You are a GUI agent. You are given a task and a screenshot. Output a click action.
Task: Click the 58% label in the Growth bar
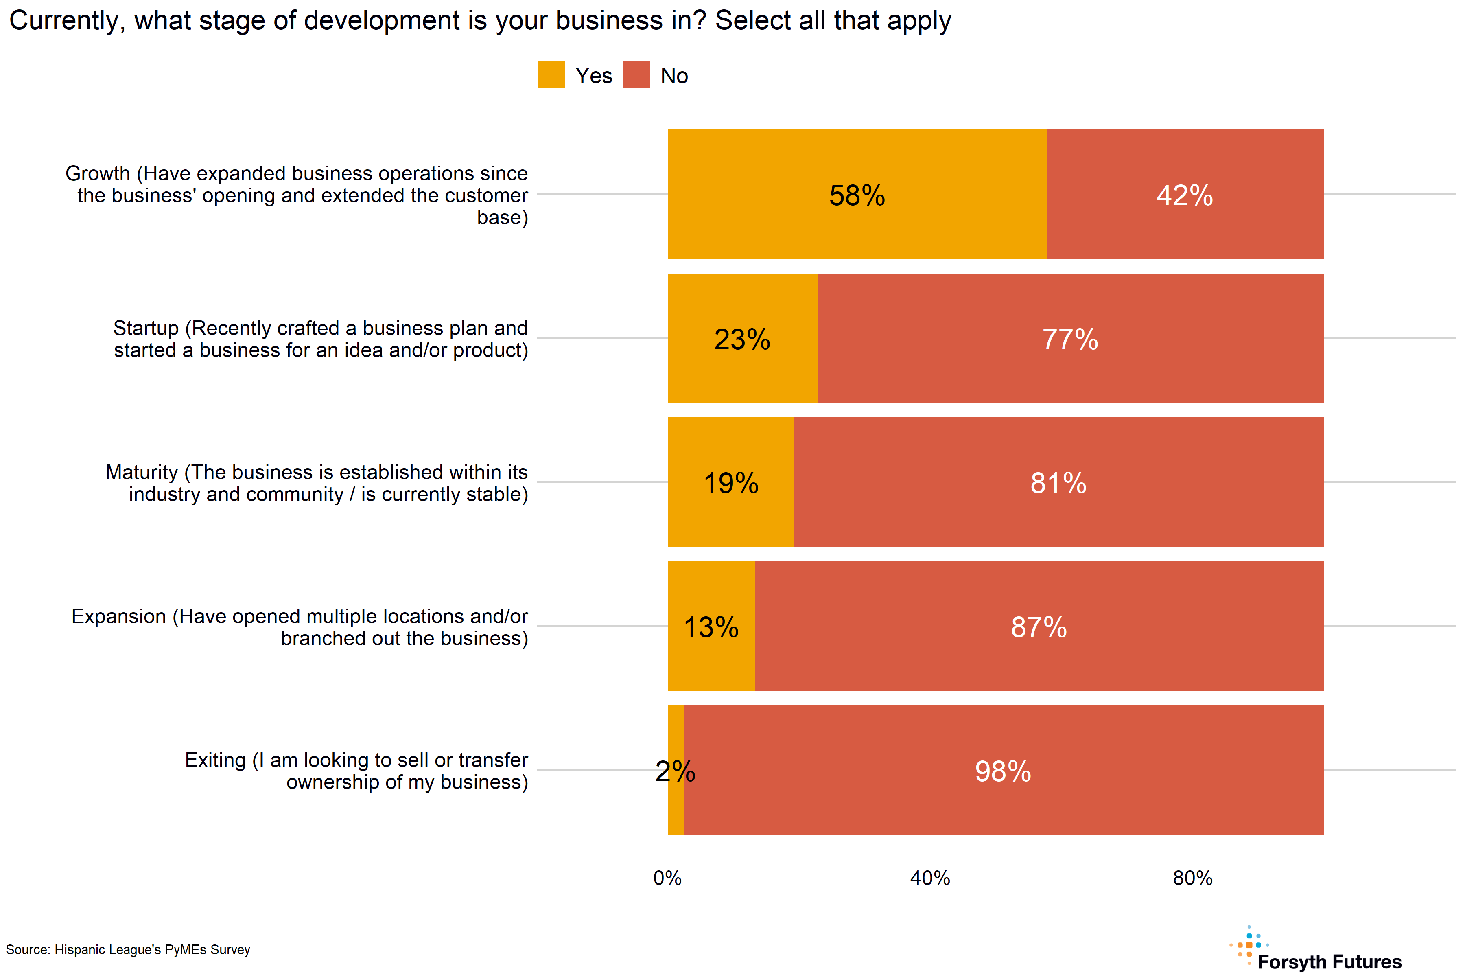pyautogui.click(x=857, y=196)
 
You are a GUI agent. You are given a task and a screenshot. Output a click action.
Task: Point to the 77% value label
pyautogui.click(x=1070, y=340)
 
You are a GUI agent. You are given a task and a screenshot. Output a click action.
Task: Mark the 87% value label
pyautogui.click(x=1039, y=627)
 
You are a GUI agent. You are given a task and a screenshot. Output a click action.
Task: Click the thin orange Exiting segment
pyautogui.click(x=675, y=810)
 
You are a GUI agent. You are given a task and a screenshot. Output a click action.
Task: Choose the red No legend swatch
pyautogui.click(x=636, y=75)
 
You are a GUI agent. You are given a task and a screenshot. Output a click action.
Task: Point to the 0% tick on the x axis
pyautogui.click(x=667, y=878)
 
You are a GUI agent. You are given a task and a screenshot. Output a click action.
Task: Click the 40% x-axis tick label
pyautogui.click(x=930, y=878)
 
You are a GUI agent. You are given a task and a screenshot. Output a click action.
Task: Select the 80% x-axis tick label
pyautogui.click(x=1192, y=878)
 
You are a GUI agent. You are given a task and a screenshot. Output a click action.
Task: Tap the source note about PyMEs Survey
pyautogui.click(x=128, y=950)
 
